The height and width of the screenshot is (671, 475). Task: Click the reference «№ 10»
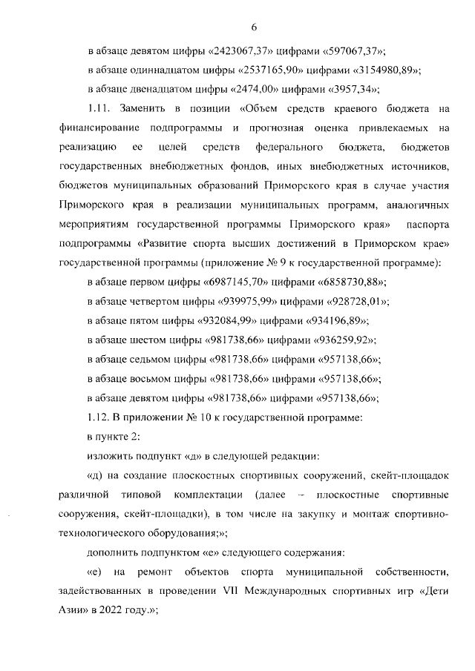(x=196, y=417)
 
